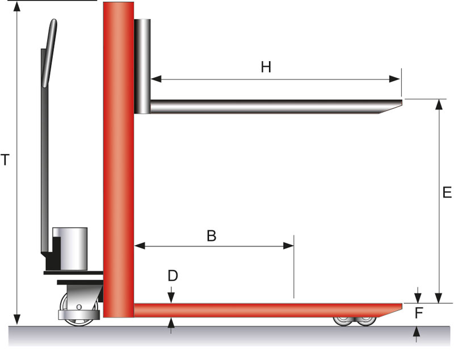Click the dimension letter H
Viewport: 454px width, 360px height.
click(x=266, y=67)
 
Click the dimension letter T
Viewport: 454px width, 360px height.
click(x=5, y=160)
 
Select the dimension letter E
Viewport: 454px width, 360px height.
click(x=447, y=193)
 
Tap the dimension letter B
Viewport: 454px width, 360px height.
click(x=211, y=235)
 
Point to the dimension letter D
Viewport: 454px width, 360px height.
click(x=173, y=276)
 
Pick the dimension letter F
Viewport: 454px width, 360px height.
click(x=418, y=313)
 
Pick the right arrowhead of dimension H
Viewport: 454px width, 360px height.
click(x=397, y=79)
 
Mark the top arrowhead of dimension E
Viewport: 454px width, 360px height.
click(x=438, y=103)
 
